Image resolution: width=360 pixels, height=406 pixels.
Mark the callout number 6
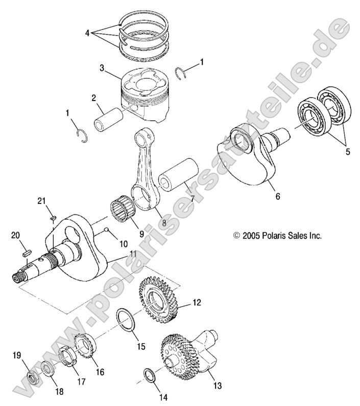[278, 195]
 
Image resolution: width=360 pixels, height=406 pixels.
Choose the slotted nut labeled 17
[68, 357]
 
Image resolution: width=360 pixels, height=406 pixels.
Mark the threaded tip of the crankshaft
[19, 278]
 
